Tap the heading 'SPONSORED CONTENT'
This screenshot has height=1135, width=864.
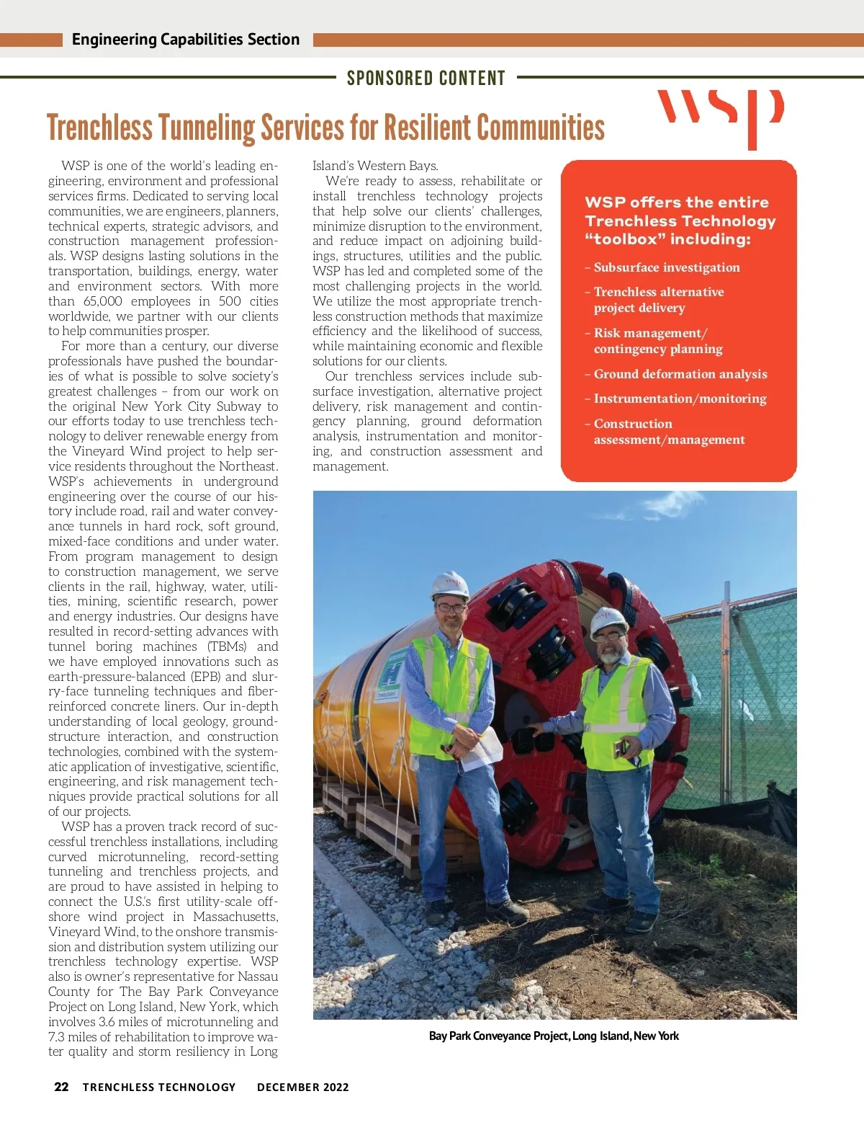click(426, 78)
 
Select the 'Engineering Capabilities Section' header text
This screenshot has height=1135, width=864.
click(186, 40)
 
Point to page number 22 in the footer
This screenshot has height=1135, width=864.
click(62, 1087)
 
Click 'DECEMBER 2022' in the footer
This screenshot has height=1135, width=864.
click(302, 1087)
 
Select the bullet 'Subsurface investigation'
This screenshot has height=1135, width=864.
click(666, 267)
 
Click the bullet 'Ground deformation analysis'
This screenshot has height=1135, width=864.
click(680, 374)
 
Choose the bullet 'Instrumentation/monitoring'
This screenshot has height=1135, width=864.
click(680, 399)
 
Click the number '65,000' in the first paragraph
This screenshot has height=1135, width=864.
click(103, 301)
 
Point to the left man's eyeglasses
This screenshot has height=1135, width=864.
click(451, 607)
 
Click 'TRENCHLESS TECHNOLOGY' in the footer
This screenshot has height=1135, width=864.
click(159, 1087)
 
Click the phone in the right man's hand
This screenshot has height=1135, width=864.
click(620, 747)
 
